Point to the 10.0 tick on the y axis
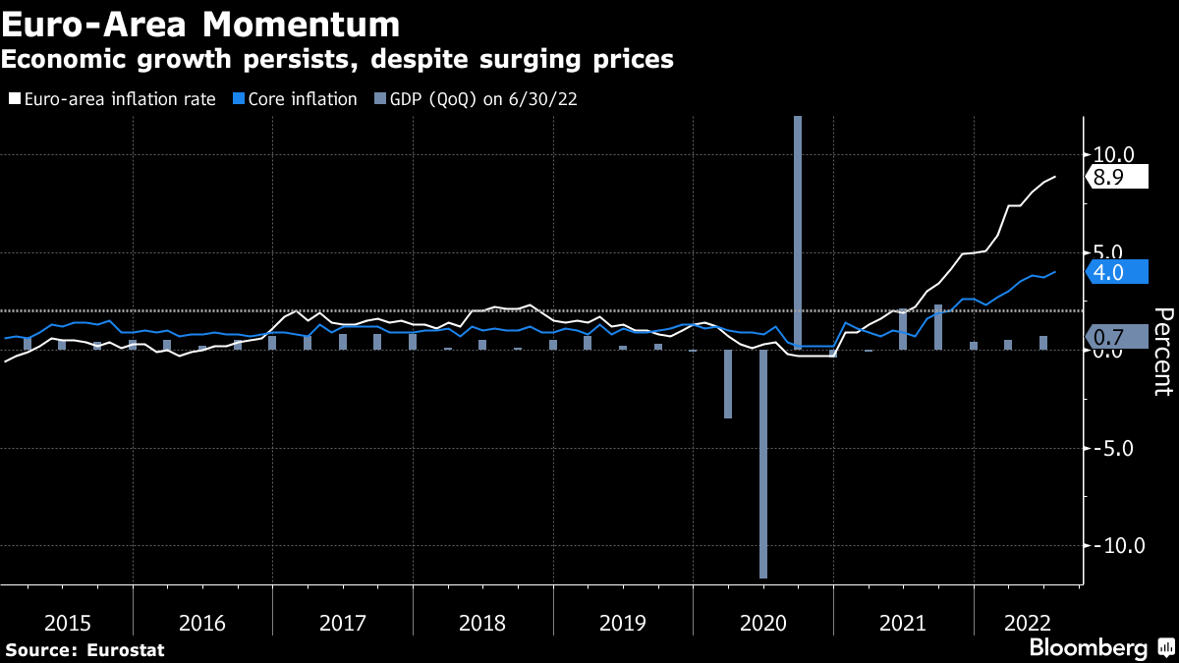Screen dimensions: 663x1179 click(x=1113, y=154)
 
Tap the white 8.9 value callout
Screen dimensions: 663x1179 click(x=1115, y=178)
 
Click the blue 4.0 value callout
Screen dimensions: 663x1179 click(x=1115, y=273)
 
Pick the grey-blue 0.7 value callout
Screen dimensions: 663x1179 click(x=1115, y=337)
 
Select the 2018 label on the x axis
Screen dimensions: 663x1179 click(x=482, y=623)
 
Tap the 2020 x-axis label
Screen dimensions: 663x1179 click(x=762, y=623)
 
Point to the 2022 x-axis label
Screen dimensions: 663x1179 click(x=1029, y=623)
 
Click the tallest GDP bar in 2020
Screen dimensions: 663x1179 click(x=798, y=232)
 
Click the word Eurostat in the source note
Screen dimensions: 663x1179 click(x=125, y=650)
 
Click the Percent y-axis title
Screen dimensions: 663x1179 click(x=1163, y=351)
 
